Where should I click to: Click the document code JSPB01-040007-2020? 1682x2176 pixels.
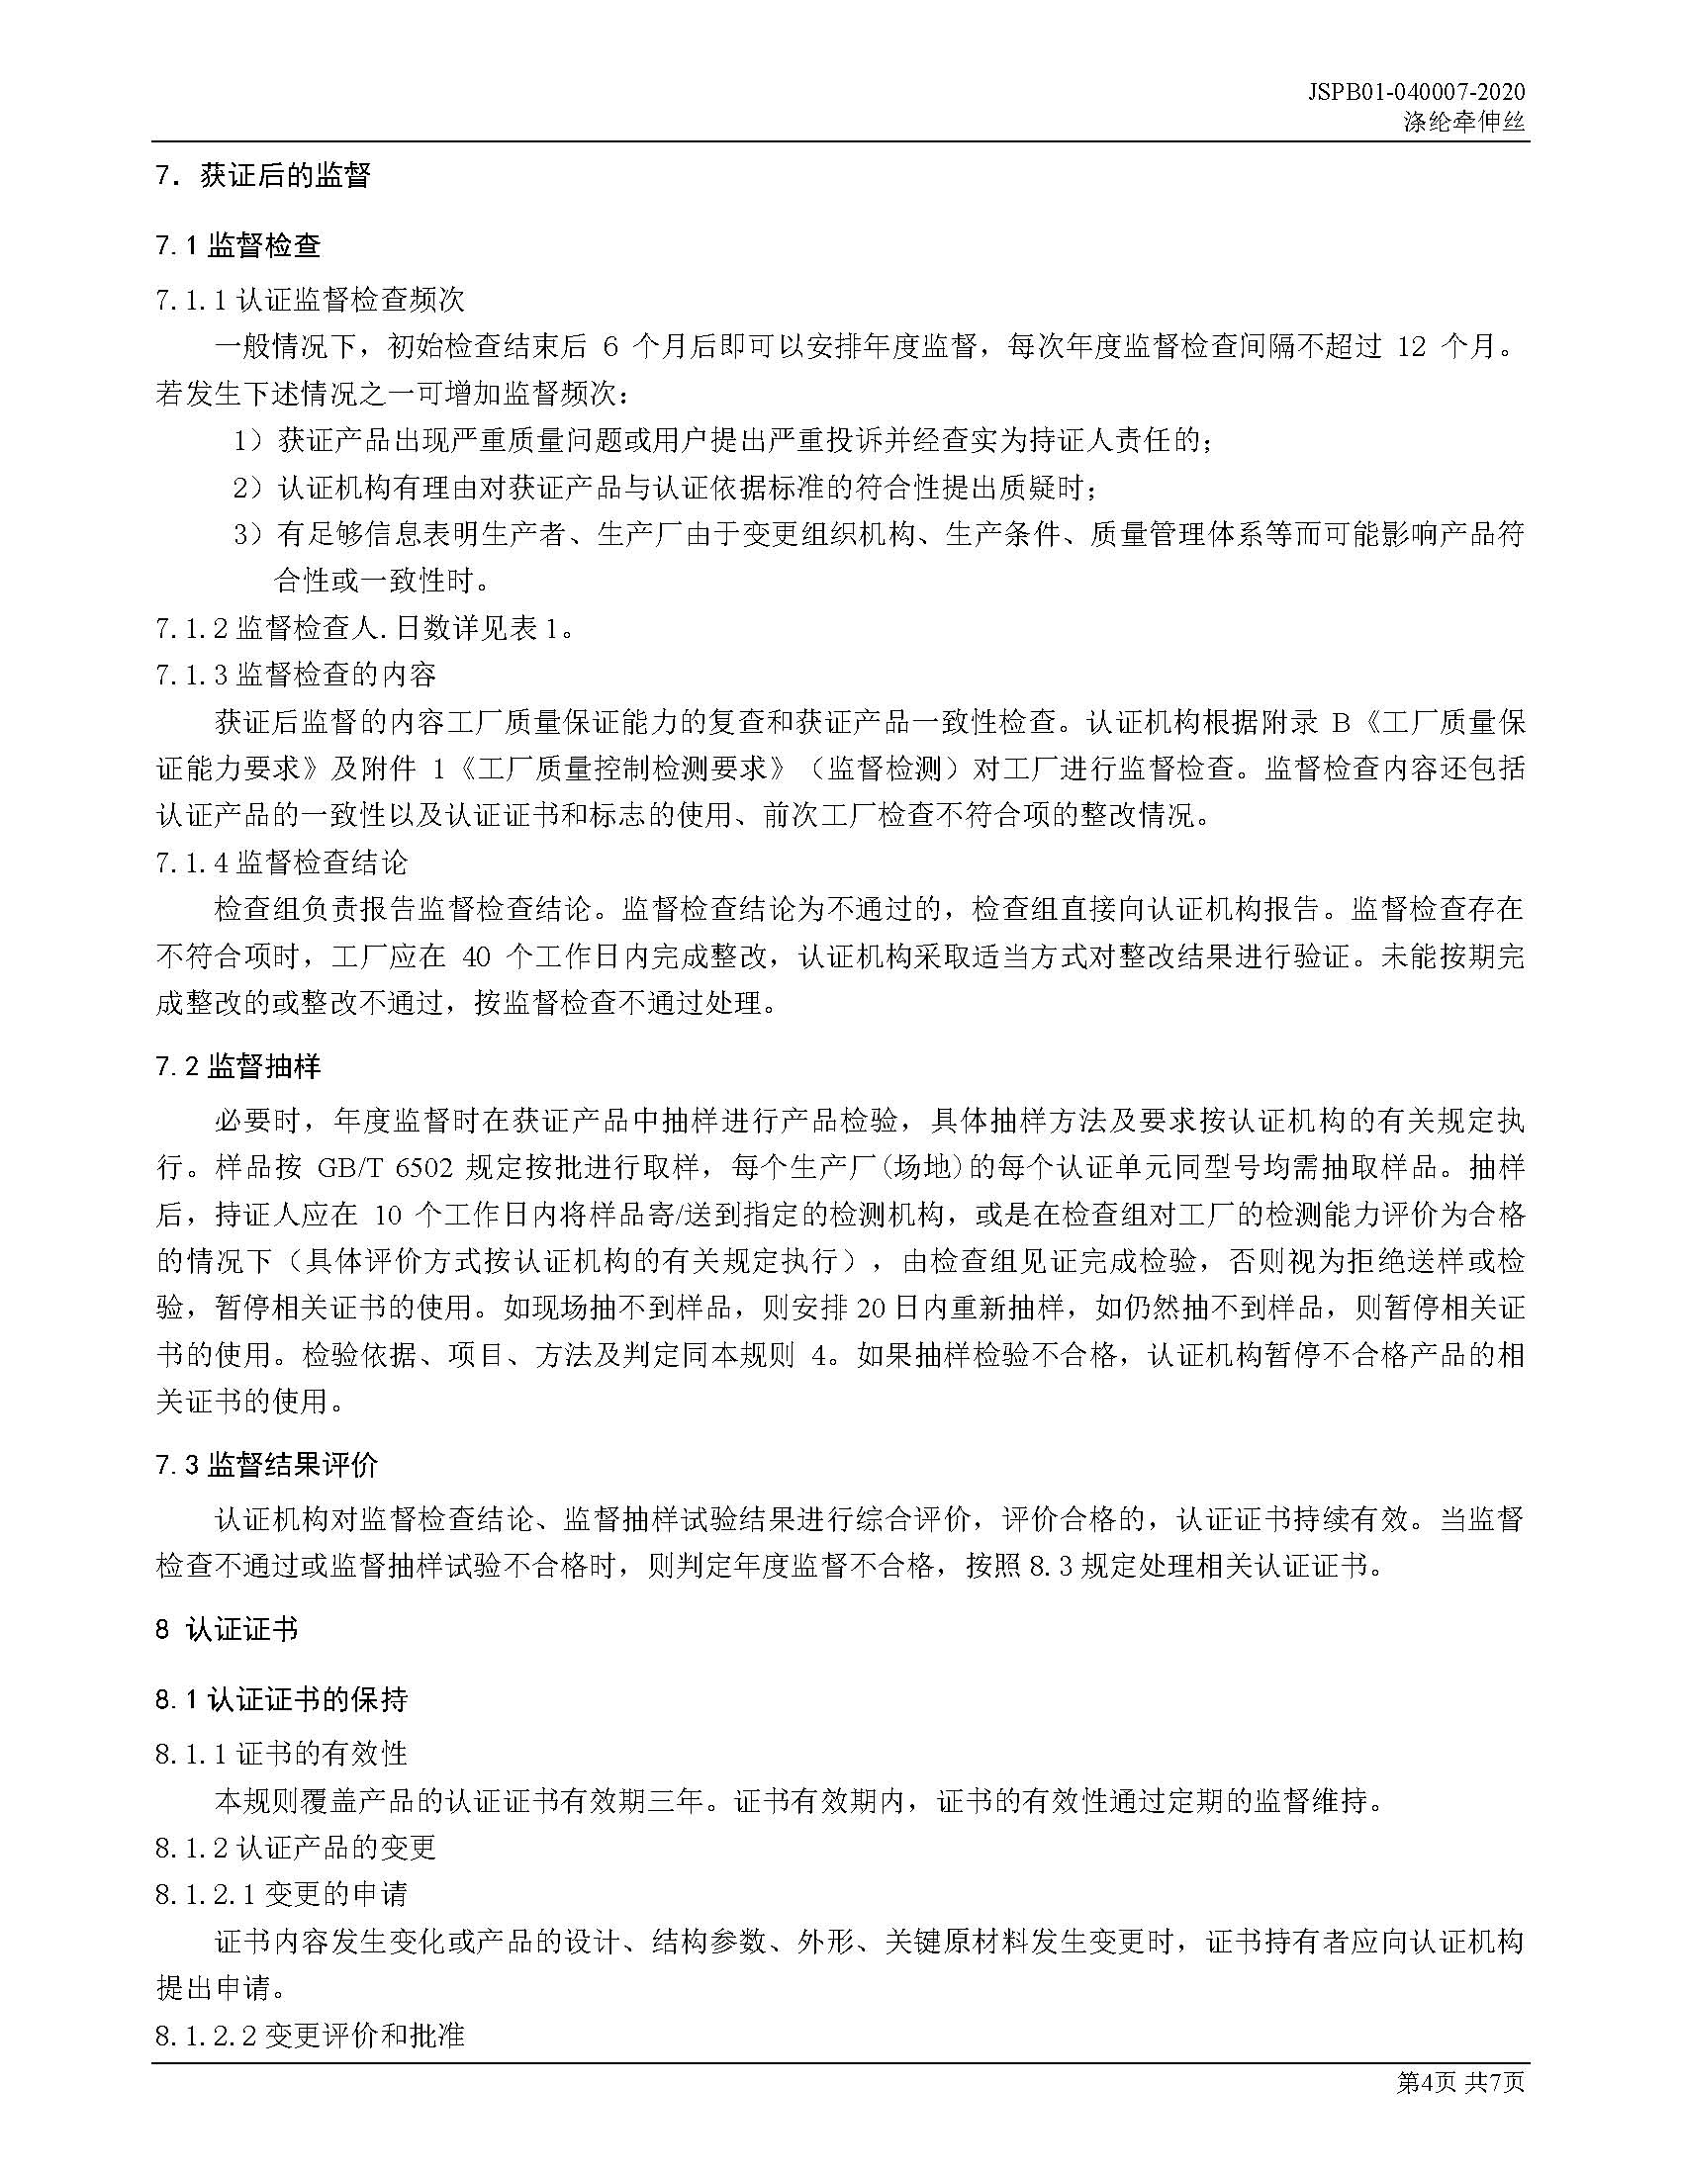tap(1417, 93)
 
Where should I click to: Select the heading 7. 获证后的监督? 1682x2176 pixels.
tap(263, 176)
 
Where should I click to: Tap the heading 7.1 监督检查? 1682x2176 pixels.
tap(238, 245)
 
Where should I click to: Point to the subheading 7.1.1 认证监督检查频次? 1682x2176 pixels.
tap(310, 299)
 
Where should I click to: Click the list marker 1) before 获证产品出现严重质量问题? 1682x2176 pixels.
tap(248, 440)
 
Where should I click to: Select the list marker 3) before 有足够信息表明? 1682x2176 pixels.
tap(248, 535)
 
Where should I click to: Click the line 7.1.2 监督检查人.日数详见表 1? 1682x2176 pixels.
tap(364, 629)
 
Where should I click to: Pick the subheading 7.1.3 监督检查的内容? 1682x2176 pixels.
tap(296, 676)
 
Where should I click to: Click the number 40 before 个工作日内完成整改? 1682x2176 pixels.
tap(477, 957)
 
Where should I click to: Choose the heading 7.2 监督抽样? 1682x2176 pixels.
tap(238, 1067)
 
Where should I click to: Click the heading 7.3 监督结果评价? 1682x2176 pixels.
tap(267, 1464)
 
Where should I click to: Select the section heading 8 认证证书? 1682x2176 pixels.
tap(227, 1629)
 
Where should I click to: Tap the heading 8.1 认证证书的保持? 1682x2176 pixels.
tap(281, 1698)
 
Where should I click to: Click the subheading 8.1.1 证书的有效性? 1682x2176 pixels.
tap(281, 1753)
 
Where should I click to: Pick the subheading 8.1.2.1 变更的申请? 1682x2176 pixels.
tap(281, 1893)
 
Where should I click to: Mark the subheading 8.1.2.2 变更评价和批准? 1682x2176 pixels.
tap(310, 2034)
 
